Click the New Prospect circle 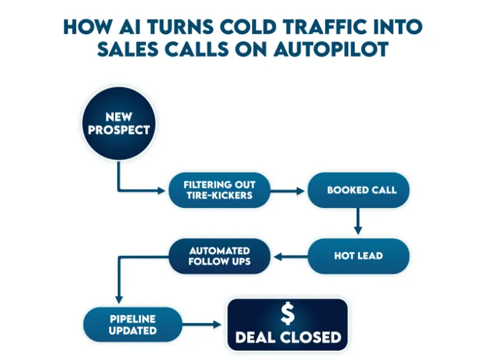pos(118,124)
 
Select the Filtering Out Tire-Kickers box pos(219,190)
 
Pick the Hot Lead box pos(358,256)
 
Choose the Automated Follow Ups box pos(219,256)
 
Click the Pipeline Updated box pos(132,324)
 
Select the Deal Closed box pos(288,324)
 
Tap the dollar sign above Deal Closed pos(288,314)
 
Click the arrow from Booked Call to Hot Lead pos(358,222)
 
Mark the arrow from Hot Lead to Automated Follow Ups pos(290,256)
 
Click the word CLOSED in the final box pos(309,338)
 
